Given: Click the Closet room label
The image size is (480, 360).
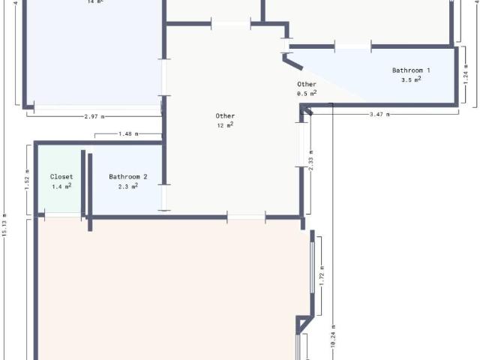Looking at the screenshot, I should [61, 177].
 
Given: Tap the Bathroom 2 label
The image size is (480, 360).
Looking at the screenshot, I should [127, 177].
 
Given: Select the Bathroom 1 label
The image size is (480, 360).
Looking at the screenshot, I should [411, 70].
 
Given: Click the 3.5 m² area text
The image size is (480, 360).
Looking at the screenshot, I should [411, 79].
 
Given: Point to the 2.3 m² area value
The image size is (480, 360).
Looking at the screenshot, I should [127, 186].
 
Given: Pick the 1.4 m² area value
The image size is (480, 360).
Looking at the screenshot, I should [61, 186].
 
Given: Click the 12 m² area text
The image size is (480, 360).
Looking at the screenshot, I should [225, 125].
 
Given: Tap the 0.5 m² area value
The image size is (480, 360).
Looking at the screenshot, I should [307, 94].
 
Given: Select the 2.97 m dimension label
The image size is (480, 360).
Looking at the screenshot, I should [94, 117].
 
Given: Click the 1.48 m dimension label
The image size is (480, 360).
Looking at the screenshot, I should [128, 134].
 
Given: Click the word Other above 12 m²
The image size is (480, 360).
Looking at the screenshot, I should [225, 116].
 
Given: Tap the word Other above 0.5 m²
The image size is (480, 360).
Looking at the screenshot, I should [307, 85].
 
